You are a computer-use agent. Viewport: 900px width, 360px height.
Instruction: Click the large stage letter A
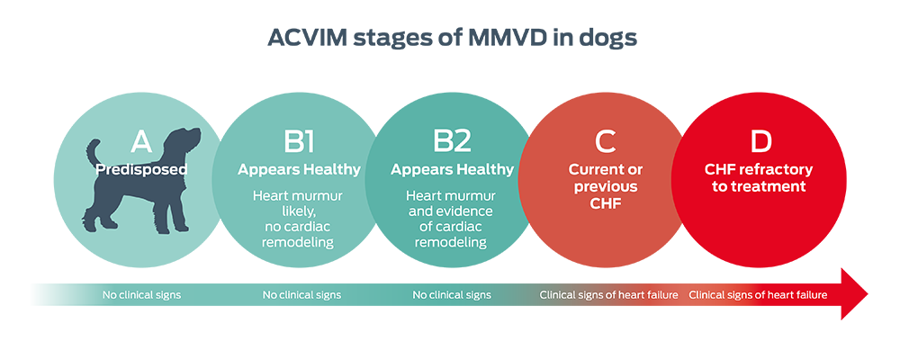(x=141, y=142)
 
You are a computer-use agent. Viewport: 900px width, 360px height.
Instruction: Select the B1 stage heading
(x=298, y=142)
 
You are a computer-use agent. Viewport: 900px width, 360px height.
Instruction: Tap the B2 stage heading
(x=452, y=142)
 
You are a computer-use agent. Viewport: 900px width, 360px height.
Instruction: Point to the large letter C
(x=604, y=142)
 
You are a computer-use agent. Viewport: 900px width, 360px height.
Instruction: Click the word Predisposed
(x=142, y=168)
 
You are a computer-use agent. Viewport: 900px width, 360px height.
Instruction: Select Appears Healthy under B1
(x=299, y=169)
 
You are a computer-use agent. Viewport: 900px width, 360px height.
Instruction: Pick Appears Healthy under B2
(x=452, y=169)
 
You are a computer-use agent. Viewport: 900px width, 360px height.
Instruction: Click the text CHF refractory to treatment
(x=759, y=178)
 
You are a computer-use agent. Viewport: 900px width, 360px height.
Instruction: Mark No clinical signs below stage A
(x=141, y=294)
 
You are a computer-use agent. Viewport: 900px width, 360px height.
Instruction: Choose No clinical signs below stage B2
(x=452, y=294)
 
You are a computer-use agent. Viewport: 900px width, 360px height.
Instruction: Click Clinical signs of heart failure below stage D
(x=758, y=294)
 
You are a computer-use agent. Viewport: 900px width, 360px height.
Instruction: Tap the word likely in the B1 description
(x=299, y=211)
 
